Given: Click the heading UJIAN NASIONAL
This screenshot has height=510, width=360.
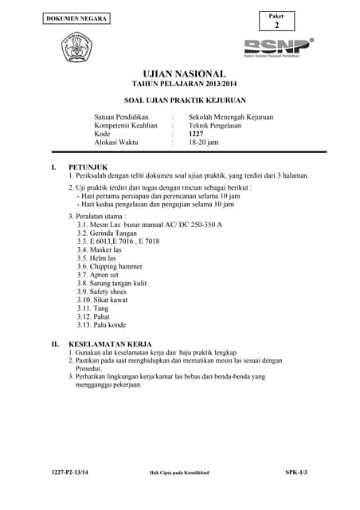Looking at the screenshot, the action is [179, 73].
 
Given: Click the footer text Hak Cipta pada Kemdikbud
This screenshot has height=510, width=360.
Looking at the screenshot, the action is [179, 495].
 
